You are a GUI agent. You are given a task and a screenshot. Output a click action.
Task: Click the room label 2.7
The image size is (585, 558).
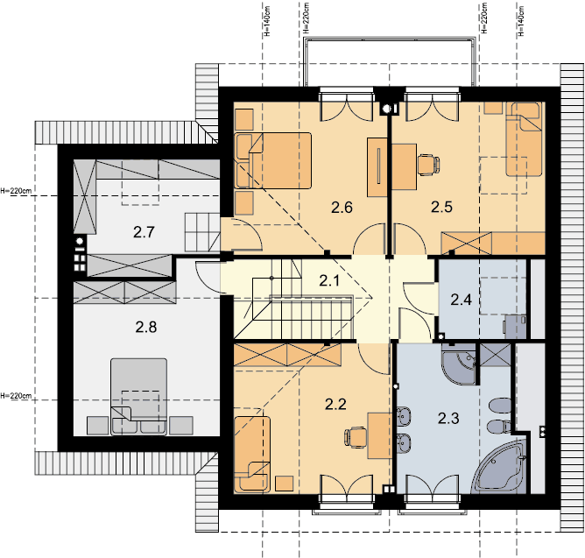click(x=144, y=232)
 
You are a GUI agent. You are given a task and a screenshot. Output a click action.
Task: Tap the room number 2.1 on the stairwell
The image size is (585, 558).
click(x=329, y=280)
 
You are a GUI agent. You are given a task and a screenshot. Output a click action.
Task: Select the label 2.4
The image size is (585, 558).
click(x=462, y=300)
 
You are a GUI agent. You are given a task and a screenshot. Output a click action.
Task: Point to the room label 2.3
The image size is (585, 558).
click(x=448, y=419)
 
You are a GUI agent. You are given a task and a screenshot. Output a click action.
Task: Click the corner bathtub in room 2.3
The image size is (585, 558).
click(x=501, y=467)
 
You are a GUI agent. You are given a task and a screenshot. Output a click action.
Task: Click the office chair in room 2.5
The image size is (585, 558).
click(x=428, y=165)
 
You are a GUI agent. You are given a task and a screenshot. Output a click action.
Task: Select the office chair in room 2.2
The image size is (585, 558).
click(x=356, y=437)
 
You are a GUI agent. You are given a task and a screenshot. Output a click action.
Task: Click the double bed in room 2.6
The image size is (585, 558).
click(x=273, y=160)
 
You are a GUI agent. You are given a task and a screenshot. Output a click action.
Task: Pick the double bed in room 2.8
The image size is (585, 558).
click(x=138, y=397)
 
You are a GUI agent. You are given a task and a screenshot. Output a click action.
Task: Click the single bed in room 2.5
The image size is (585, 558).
click(x=524, y=140)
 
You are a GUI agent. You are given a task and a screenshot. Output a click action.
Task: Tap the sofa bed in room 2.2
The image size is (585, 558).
click(x=252, y=454)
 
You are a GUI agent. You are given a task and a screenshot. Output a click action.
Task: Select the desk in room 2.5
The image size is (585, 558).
click(x=404, y=167)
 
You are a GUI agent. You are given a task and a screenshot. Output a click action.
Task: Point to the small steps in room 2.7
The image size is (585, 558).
click(x=201, y=232)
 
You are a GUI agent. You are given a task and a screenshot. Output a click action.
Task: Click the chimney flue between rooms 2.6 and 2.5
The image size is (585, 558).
click(x=387, y=109)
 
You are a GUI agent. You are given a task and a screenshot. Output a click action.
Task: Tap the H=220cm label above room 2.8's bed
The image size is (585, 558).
click(x=16, y=395)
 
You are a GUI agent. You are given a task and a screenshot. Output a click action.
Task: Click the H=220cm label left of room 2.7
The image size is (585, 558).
click(x=16, y=191)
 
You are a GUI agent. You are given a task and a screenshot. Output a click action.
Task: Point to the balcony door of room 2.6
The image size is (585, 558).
click(x=347, y=107)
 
